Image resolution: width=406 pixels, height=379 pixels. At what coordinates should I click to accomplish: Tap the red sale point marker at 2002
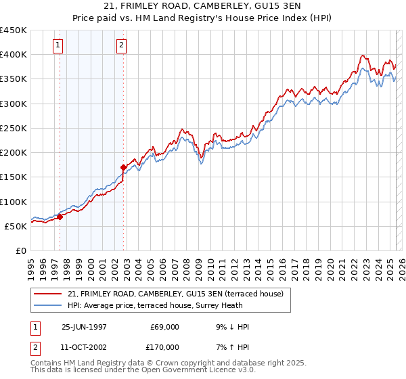[124, 166]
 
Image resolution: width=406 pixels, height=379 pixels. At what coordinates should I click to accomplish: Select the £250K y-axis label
[14, 128]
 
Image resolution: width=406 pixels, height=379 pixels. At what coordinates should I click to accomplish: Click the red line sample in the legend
[48, 293]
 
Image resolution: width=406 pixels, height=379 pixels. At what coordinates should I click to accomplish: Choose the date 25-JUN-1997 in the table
[84, 327]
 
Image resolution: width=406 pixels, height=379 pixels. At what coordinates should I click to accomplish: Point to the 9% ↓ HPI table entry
[231, 327]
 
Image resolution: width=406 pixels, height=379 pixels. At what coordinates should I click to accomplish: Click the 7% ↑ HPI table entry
[231, 347]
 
